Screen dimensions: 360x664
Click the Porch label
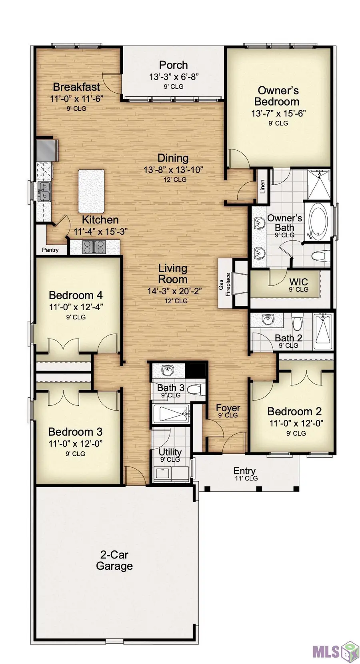pyautogui.click(x=173, y=65)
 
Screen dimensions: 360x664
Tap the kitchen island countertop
pyautogui.click(x=91, y=191)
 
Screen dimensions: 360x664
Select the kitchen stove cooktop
pyautogui.click(x=94, y=247)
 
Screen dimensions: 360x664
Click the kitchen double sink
pyautogui.click(x=44, y=191)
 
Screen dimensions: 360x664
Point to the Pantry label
pyautogui.click(x=50, y=250)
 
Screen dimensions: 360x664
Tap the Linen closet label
pyautogui.click(x=262, y=186)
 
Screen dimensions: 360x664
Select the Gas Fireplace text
pyautogui.click(x=224, y=284)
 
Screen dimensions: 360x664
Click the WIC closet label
pyautogui.click(x=299, y=281)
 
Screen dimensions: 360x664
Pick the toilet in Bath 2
pyautogui.click(x=296, y=322)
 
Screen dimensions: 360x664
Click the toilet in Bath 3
pyautogui.click(x=197, y=388)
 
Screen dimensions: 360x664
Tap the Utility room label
pyautogui.click(x=170, y=452)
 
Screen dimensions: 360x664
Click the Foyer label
pyautogui.click(x=228, y=408)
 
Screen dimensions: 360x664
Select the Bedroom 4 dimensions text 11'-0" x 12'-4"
pyautogui.click(x=76, y=307)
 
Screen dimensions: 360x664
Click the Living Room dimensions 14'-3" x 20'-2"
pyautogui.click(x=175, y=291)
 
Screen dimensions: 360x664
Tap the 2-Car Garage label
pyautogui.click(x=114, y=560)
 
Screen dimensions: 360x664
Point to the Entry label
pyautogui.click(x=244, y=471)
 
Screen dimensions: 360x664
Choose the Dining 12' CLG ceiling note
pyautogui.click(x=175, y=179)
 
